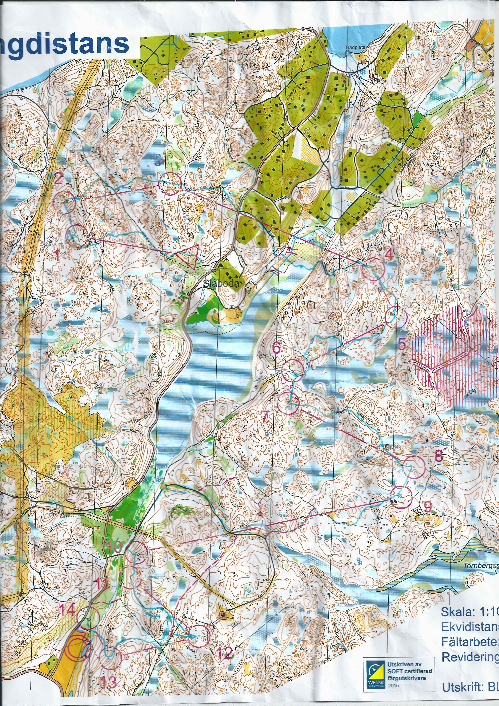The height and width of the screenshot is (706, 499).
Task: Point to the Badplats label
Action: click(x=355, y=47)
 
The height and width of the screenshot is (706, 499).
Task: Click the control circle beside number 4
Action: click(x=373, y=268)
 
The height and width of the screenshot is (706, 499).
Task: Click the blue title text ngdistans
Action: click(x=65, y=45)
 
